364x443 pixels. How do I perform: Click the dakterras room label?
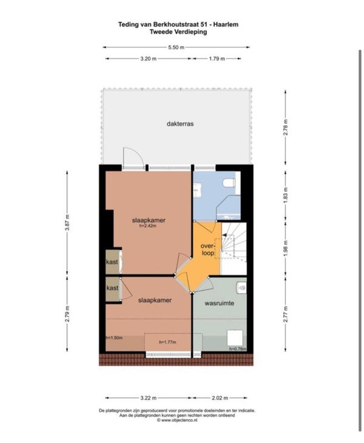(180, 124)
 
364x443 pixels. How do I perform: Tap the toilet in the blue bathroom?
(229, 183)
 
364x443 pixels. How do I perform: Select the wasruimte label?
(220, 303)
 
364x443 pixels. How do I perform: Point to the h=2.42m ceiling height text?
(148, 226)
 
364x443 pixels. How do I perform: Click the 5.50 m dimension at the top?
(176, 47)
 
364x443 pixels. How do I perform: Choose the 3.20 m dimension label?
(148, 59)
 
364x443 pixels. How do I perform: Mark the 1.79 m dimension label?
(217, 59)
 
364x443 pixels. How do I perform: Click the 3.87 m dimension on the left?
(67, 223)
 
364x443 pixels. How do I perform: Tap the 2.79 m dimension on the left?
(67, 314)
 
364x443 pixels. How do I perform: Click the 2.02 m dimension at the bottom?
(220, 398)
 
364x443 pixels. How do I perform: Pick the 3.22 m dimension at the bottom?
(148, 398)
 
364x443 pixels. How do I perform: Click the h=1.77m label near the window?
(167, 342)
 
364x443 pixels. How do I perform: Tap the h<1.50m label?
(114, 337)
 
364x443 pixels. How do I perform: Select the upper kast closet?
(112, 262)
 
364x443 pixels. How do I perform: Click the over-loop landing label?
(208, 249)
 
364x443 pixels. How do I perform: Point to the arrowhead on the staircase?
(224, 235)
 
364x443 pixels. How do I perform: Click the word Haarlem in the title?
(226, 25)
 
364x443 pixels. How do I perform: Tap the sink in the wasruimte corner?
(241, 288)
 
